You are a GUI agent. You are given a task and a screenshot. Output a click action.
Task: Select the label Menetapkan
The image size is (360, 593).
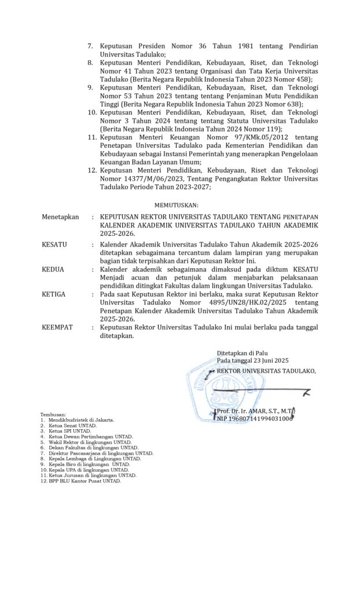60,217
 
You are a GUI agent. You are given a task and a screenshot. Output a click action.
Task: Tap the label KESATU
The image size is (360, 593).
54,244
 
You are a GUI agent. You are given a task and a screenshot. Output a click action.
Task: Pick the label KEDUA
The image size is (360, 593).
53,269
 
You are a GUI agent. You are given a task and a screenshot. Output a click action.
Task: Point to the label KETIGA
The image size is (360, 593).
54,294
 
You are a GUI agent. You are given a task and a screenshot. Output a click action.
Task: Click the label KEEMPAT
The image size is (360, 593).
57,327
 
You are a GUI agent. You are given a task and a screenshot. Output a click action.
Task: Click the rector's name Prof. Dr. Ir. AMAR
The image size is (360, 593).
255,411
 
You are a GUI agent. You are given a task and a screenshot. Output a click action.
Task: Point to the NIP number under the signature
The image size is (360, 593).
255,418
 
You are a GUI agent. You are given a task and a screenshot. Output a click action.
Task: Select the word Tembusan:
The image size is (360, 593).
53,415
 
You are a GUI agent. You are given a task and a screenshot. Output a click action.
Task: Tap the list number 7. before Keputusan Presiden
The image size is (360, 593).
90,46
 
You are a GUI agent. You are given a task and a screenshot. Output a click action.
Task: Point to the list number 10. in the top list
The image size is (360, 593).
91,112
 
